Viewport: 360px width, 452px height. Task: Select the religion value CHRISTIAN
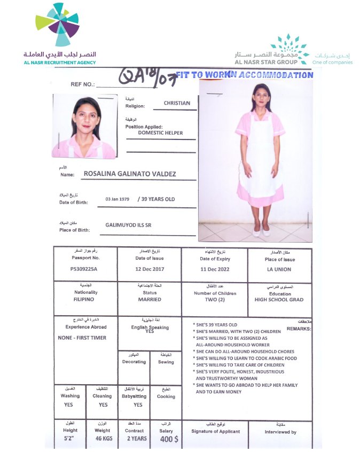click(177, 103)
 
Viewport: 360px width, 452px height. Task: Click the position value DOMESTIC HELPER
click(160, 133)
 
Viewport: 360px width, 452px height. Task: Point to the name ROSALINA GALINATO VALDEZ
click(130, 174)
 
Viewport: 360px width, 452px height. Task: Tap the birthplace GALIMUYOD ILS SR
click(128, 225)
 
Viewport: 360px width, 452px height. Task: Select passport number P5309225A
click(84, 269)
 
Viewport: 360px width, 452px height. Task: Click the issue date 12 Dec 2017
click(150, 269)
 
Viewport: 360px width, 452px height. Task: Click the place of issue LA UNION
click(279, 269)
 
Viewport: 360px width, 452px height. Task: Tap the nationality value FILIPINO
click(85, 300)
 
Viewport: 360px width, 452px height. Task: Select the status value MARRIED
click(150, 300)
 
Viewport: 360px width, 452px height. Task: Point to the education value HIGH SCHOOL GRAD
click(279, 300)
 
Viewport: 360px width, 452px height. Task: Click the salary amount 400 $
click(168, 439)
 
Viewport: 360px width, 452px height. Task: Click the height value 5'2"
click(70, 438)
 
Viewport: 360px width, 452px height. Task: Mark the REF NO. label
click(82, 84)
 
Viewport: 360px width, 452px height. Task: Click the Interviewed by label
click(280, 432)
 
